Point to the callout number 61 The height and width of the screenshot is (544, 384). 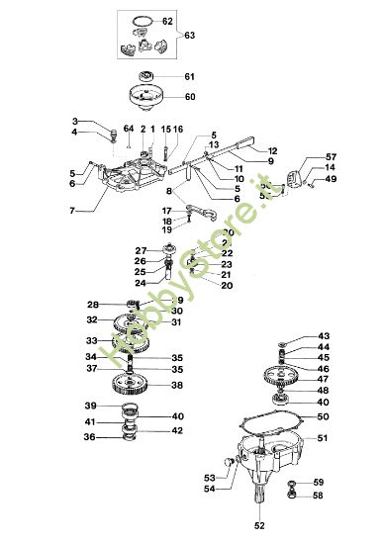click(x=190, y=75)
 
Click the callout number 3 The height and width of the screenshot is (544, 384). click(x=102, y=121)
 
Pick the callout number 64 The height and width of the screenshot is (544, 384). click(x=129, y=129)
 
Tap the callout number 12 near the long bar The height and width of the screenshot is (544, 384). click(x=273, y=150)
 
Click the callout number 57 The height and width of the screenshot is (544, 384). click(x=331, y=156)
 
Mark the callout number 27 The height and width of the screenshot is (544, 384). click(x=140, y=250)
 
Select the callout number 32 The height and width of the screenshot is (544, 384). click(x=91, y=320)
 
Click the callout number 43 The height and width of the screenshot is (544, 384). click(x=325, y=336)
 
